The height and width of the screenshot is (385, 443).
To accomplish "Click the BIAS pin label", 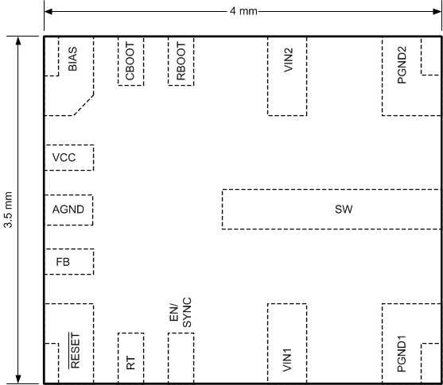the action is [x=72, y=59].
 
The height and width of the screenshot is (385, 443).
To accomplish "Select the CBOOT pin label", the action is [x=130, y=61].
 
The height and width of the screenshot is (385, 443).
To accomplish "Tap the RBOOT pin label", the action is [x=181, y=61].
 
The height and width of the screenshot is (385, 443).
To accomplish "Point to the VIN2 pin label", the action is [x=289, y=60].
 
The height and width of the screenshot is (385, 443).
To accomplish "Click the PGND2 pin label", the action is [x=402, y=65].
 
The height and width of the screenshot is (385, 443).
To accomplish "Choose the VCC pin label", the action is [x=64, y=158].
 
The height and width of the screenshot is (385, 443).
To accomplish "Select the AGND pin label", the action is [x=68, y=210].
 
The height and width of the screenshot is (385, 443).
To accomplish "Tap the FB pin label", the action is [x=63, y=262].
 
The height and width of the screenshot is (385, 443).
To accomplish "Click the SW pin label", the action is [x=344, y=210].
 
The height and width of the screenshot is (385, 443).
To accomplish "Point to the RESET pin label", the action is [x=75, y=351].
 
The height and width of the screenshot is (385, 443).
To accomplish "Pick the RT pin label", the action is [x=130, y=363].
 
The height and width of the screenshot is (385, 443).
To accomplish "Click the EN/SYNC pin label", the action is [x=181, y=312].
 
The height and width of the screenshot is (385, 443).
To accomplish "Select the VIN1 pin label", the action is [x=287, y=360].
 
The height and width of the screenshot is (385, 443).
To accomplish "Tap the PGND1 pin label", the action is [x=402, y=354].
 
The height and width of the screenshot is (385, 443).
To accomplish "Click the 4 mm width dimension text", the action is [x=243, y=11].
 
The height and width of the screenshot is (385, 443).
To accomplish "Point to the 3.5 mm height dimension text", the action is [x=8, y=210].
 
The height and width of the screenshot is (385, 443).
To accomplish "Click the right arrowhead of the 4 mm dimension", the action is [x=437, y=12].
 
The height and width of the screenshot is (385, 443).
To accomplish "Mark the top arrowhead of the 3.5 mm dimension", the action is [x=18, y=41].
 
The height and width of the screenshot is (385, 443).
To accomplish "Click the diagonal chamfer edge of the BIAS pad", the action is [x=84, y=105].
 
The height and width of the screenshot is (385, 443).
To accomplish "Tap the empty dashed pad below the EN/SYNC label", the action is [x=181, y=358].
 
